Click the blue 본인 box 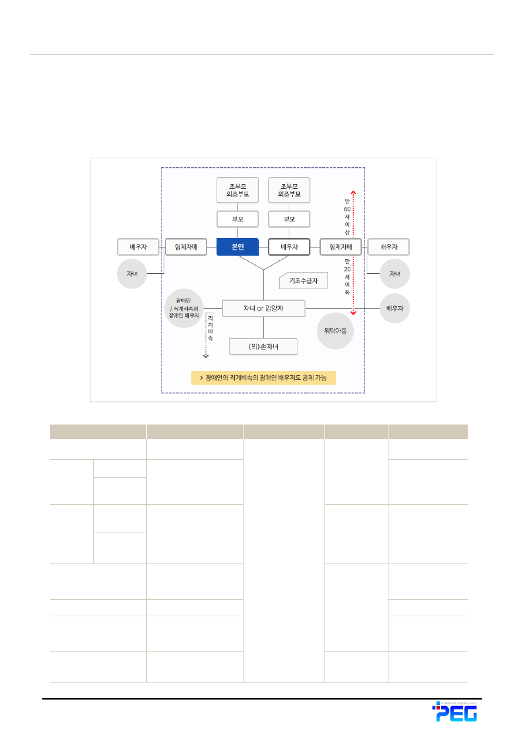pos(237,247)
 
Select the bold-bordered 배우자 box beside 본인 pos(289,247)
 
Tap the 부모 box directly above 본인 pos(237,219)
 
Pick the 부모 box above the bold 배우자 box pos(289,219)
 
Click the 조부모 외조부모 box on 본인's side pos(237,190)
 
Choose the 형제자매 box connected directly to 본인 pos(186,247)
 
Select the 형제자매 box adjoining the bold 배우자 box pos(340,247)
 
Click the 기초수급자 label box pos(303,281)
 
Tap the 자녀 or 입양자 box pos(263,308)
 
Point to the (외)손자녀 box pos(263,347)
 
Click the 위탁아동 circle pos(335,331)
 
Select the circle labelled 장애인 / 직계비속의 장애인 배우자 pos(184,308)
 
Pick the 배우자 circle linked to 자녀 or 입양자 pos(395,308)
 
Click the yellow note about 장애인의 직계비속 pos(263,378)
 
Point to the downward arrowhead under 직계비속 pos(206,355)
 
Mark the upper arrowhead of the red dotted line pos(353,191)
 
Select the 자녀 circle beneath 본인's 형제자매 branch pos(132,273)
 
